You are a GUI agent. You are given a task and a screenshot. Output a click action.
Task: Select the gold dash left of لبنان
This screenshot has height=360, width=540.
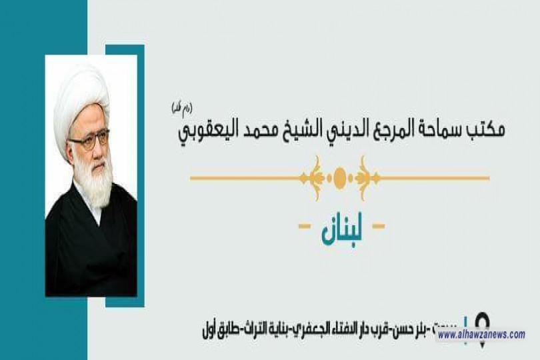coord(304,227)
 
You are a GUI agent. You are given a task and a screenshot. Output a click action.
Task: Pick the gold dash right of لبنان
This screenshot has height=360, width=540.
coord(378,227)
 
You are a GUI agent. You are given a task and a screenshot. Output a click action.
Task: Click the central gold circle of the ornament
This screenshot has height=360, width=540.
coord(340,178)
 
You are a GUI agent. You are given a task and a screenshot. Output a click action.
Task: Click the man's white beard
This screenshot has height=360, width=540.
coord(94,177)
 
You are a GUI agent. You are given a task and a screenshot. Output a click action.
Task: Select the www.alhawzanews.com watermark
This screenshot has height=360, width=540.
coord(481,335)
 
